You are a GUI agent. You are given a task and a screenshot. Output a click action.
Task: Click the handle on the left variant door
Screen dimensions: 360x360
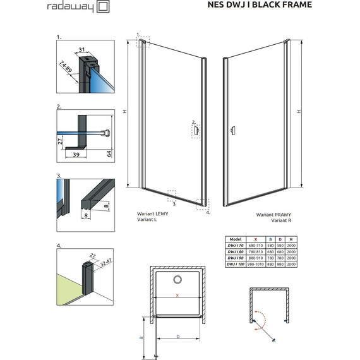click(196, 131)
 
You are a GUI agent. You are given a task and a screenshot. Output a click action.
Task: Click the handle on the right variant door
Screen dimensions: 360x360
click(233, 131)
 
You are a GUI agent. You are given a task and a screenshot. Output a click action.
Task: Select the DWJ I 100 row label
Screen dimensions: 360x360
click(236, 265)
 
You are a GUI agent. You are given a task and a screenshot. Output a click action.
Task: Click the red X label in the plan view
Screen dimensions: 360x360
click(178, 296)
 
